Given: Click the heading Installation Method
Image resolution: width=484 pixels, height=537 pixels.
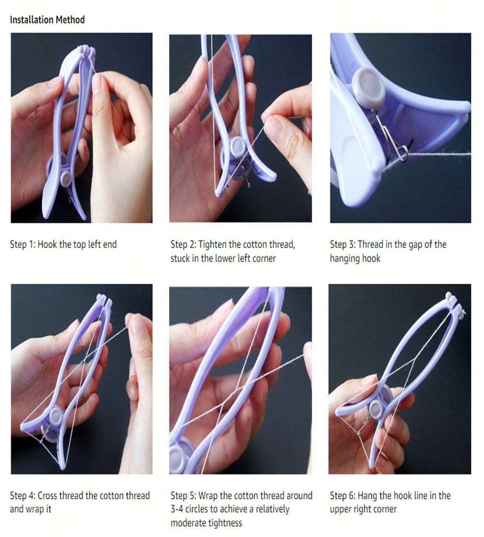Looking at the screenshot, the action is click(x=47, y=20).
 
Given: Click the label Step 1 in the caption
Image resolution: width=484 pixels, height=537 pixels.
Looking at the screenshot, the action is click(x=22, y=245).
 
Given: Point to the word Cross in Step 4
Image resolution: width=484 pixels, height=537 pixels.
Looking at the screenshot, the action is click(x=47, y=495).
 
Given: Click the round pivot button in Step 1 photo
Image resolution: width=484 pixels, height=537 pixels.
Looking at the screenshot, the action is click(x=65, y=178).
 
